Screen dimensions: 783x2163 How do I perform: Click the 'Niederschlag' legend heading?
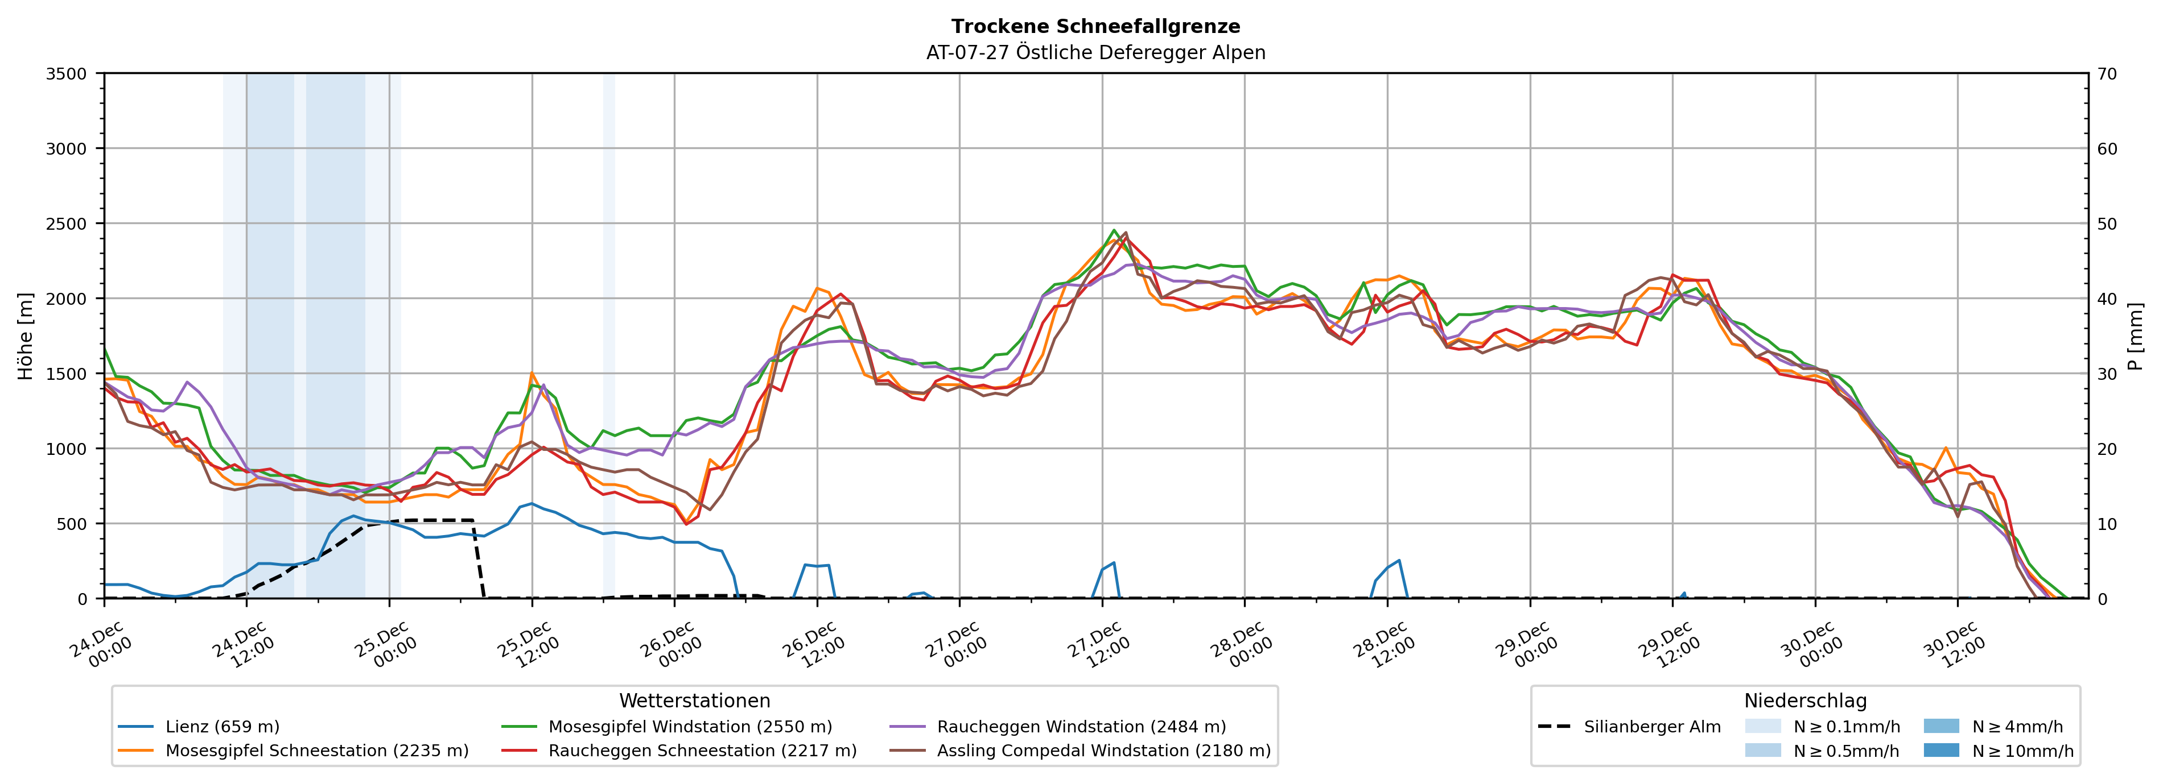1805,701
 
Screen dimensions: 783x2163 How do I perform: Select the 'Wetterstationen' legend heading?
694,701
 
